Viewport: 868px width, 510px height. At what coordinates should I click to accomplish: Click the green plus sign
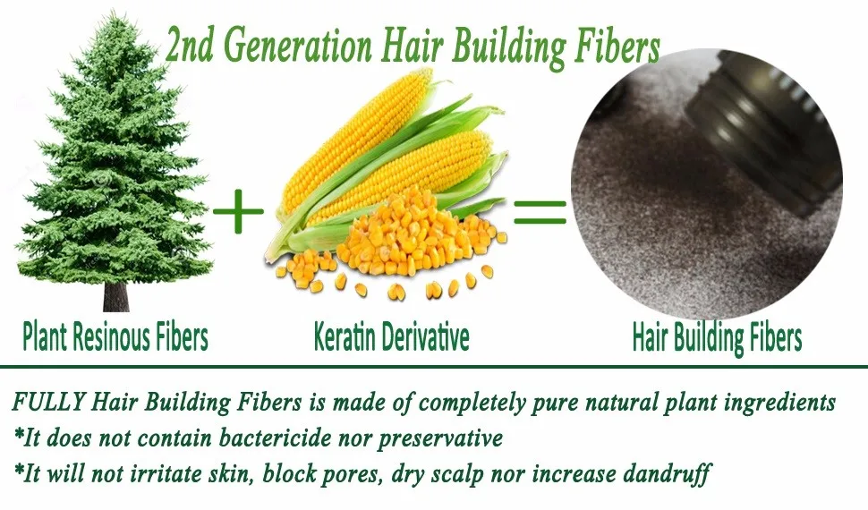[238, 211]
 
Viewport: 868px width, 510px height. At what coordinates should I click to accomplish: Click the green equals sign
[540, 212]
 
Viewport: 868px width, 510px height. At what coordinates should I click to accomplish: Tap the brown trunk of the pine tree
[115, 297]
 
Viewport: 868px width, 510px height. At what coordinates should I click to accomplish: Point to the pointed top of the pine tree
[115, 13]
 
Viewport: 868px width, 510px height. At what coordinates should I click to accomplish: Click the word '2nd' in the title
[190, 46]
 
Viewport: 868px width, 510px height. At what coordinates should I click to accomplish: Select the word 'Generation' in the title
[299, 46]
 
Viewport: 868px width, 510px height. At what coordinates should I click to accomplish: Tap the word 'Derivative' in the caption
[428, 336]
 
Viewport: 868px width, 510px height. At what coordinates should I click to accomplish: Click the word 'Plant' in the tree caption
[44, 337]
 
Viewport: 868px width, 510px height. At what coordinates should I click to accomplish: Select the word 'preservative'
[440, 439]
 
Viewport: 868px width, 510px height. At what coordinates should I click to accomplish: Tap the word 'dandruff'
[667, 474]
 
